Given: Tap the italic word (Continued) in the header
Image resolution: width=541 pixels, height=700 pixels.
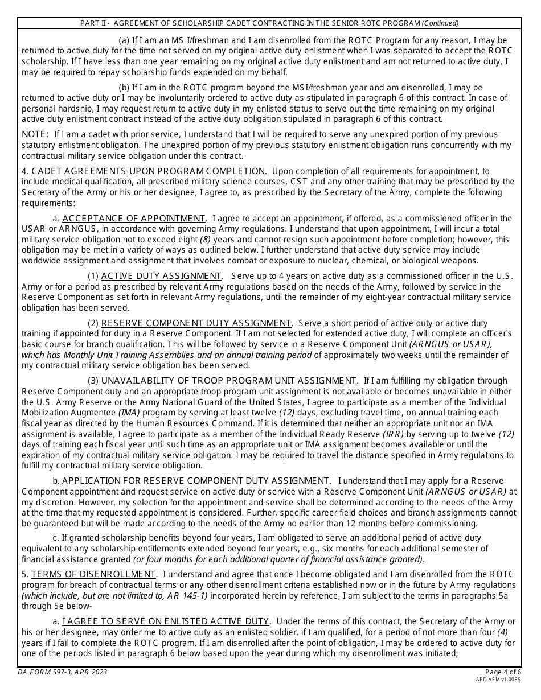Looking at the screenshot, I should click(x=440, y=23).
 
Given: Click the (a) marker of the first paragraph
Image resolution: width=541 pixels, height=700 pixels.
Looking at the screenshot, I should click(x=124, y=40).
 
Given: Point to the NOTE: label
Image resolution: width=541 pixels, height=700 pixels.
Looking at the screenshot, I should click(x=35, y=134).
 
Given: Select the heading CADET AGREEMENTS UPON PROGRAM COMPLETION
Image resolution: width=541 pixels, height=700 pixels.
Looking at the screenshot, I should click(x=148, y=171).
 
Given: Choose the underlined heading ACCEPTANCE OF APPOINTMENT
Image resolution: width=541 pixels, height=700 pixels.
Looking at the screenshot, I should click(x=134, y=219).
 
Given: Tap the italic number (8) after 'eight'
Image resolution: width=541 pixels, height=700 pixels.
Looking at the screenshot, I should click(x=207, y=240).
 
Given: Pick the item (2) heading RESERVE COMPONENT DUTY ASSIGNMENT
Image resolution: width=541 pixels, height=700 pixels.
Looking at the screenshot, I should click(x=196, y=323).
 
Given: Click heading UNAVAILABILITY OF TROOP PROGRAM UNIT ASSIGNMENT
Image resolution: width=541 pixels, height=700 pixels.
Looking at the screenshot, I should click(x=229, y=381).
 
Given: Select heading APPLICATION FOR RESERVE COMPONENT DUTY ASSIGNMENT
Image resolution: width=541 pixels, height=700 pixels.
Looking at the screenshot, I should click(x=195, y=481).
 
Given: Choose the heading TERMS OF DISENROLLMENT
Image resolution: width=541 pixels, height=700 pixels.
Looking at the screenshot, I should click(x=93, y=574).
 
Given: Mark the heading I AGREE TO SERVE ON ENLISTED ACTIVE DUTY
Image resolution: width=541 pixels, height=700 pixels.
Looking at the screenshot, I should click(x=165, y=621).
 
